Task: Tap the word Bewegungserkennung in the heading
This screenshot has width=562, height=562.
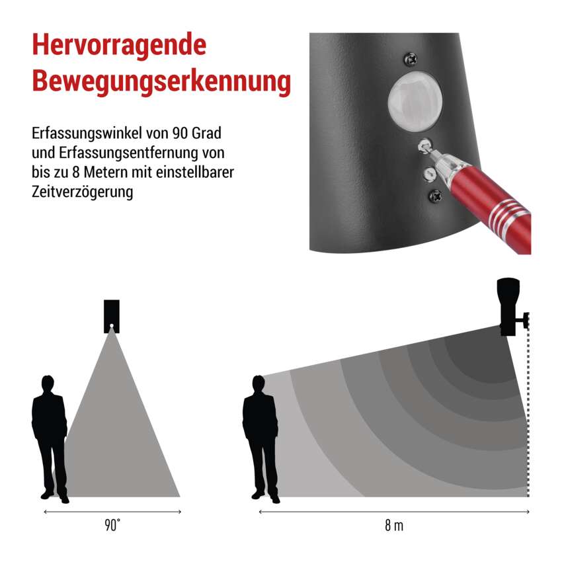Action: [161, 82]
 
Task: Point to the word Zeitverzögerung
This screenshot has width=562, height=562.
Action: [83, 192]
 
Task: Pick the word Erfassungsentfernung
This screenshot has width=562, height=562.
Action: [129, 153]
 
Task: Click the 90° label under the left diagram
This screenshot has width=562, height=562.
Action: [112, 526]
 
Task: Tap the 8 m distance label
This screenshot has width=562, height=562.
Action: [394, 526]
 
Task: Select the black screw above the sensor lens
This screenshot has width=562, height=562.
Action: [411, 58]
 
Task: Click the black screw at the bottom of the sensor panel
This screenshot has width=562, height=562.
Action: [436, 195]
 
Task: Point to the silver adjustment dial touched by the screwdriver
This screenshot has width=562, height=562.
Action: [424, 147]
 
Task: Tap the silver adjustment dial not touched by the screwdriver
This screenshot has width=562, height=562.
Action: [429, 174]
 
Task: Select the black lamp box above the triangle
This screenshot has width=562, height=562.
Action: [112, 317]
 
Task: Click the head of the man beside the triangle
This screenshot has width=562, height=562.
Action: [48, 383]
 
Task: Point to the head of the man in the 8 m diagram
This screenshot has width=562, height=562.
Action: [259, 384]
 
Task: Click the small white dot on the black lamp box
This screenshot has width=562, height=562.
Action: [112, 326]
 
